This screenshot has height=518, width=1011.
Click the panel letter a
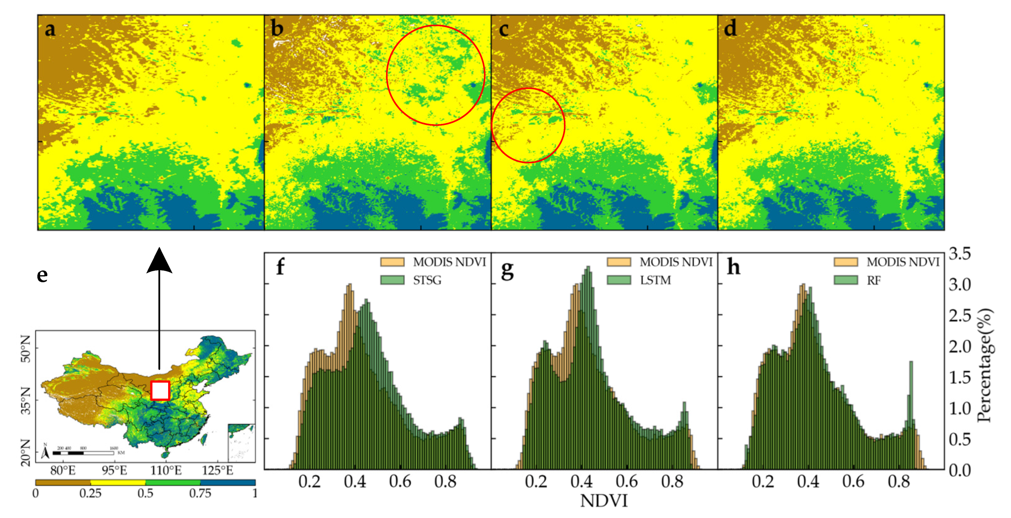pyautogui.click(x=50, y=30)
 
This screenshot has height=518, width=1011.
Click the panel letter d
pyautogui.click(x=730, y=29)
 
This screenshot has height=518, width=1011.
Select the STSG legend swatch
pyautogui.click(x=392, y=280)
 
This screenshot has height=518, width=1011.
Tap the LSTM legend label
pyautogui.click(x=655, y=280)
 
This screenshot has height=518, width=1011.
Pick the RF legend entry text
pyautogui.click(x=874, y=281)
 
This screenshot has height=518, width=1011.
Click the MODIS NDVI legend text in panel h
pyautogui.click(x=903, y=262)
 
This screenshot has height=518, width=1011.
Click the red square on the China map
pyautogui.click(x=160, y=390)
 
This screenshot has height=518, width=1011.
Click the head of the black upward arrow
pyautogui.click(x=159, y=260)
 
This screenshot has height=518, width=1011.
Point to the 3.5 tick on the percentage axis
pyautogui.click(x=960, y=253)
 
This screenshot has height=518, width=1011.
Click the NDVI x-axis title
pyautogui.click(x=604, y=501)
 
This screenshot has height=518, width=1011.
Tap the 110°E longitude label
pyautogui.click(x=166, y=470)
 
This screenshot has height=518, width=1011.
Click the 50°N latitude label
pyautogui.click(x=26, y=348)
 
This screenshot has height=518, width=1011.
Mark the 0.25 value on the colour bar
pyautogui.click(x=90, y=493)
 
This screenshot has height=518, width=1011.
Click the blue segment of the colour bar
pyautogui.click(x=228, y=482)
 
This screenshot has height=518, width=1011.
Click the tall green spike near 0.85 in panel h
pyautogui.click(x=911, y=393)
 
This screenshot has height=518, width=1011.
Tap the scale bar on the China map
pyautogui.click(x=83, y=453)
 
